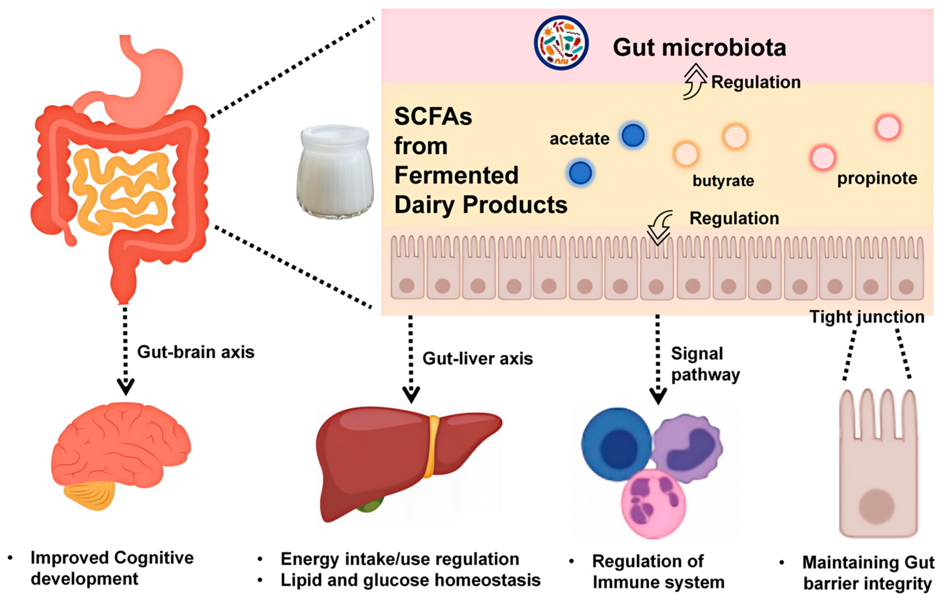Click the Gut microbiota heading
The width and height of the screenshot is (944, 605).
point(699,48)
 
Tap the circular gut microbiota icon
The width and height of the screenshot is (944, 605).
point(561,43)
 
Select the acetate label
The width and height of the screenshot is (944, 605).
point(579,139)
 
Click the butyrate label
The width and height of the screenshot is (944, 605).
point(723,181)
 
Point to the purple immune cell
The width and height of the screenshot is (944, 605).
point(689,448)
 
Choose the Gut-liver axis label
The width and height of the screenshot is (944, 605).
point(477,359)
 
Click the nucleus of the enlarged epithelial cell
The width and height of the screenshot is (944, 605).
point(876,507)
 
